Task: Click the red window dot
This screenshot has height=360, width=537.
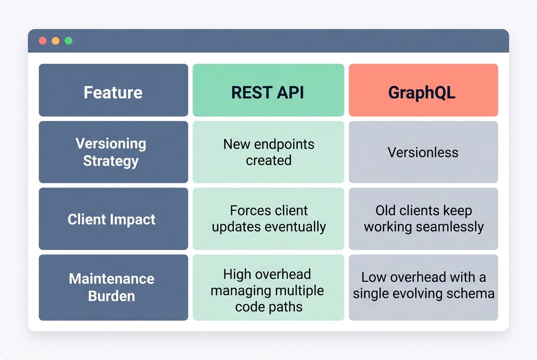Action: tap(42, 41)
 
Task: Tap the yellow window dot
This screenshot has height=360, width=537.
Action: tap(56, 41)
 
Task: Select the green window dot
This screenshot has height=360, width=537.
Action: tap(68, 41)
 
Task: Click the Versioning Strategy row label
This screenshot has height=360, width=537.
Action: tap(113, 152)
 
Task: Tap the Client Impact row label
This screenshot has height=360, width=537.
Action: tap(113, 219)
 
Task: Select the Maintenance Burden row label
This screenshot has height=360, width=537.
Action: tap(113, 287)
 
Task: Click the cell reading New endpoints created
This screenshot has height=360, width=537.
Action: tap(268, 152)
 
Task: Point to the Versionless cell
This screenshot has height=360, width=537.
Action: tap(423, 152)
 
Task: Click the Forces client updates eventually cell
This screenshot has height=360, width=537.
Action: tap(268, 219)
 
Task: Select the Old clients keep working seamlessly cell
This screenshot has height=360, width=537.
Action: tap(423, 219)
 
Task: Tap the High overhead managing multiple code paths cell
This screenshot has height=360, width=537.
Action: tap(268, 287)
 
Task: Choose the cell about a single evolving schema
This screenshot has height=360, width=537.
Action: tap(423, 287)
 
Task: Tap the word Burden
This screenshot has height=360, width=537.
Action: tap(111, 296)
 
